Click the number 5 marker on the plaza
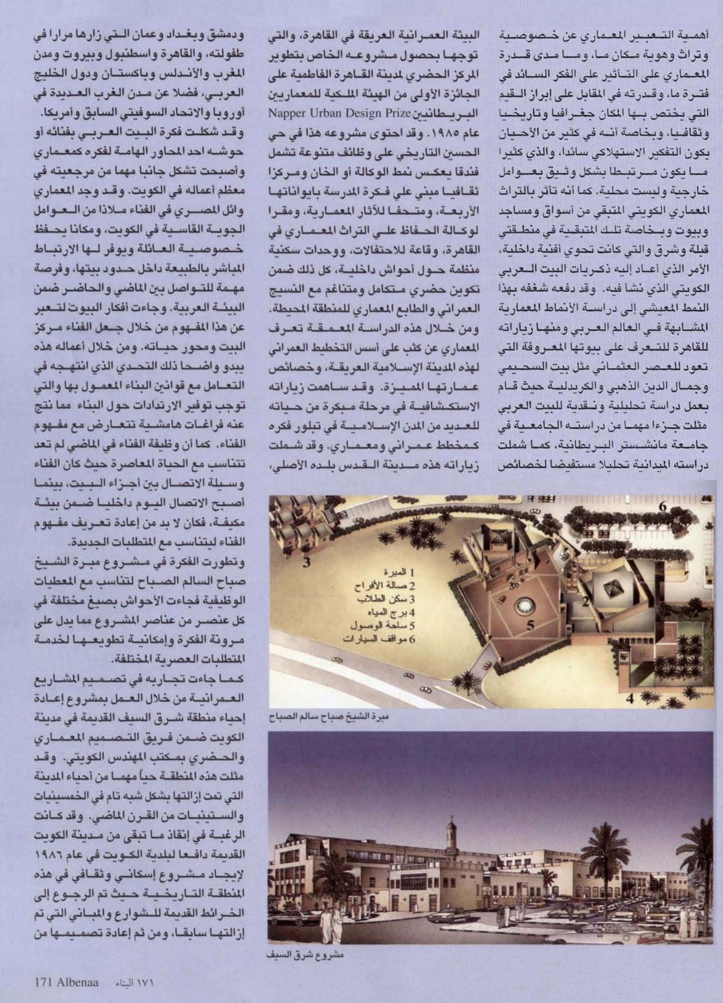pyautogui.click(x=531, y=625)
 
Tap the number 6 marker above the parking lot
pyautogui.click(x=663, y=507)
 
